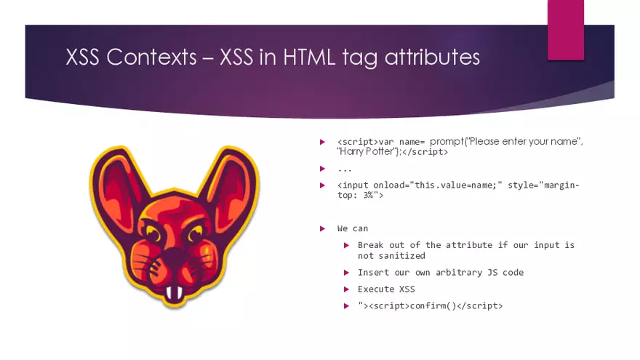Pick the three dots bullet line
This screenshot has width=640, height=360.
point(345,169)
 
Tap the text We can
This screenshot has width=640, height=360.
point(353,228)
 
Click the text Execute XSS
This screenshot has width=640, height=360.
point(385,289)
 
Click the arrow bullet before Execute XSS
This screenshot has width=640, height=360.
point(347,289)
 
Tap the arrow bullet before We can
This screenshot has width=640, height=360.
point(323,228)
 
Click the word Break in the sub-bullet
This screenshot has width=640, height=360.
point(371,245)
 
